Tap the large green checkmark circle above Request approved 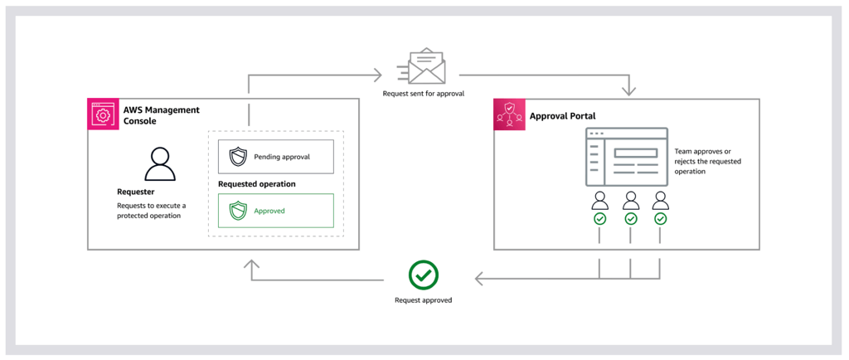point(424,275)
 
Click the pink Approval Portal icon point(509,114)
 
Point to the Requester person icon point(160,164)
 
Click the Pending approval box point(276,157)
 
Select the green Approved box point(276,211)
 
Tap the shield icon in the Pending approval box point(238,157)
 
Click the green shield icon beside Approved point(238,211)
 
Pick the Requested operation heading point(257,184)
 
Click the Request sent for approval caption point(424,94)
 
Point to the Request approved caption point(424,300)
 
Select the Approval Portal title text point(564,116)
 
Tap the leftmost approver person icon point(600,200)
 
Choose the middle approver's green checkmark point(631,219)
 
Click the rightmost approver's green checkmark point(661,219)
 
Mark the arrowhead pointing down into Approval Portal point(628,91)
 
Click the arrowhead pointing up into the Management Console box point(251,264)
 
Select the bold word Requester point(135,192)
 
